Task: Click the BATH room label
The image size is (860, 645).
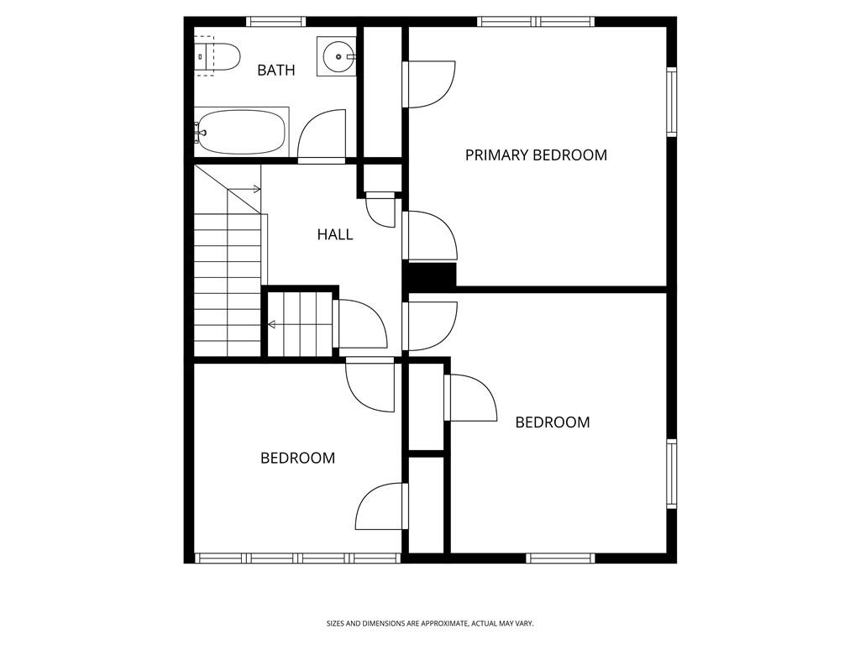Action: pyautogui.click(x=275, y=71)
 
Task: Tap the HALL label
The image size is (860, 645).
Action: pyautogui.click(x=334, y=235)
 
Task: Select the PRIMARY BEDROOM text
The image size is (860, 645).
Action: pyautogui.click(x=536, y=155)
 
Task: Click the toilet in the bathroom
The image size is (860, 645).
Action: pyautogui.click(x=218, y=56)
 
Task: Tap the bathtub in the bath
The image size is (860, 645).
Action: pyautogui.click(x=242, y=132)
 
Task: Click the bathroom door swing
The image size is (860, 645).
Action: pyautogui.click(x=322, y=135)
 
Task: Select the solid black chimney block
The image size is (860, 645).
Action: pyautogui.click(x=429, y=275)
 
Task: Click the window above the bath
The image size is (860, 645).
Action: pyautogui.click(x=275, y=21)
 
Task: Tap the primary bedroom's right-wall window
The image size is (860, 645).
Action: pyautogui.click(x=671, y=102)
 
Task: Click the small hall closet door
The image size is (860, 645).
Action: pyautogui.click(x=380, y=209)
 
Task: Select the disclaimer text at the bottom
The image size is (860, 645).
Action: pyautogui.click(x=430, y=624)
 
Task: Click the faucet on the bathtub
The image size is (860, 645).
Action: pyautogui.click(x=200, y=132)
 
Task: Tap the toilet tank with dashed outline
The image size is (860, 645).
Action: pyautogui.click(x=205, y=56)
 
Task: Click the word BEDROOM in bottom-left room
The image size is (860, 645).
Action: pyautogui.click(x=298, y=458)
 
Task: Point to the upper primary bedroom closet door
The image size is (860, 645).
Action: pyautogui.click(x=429, y=85)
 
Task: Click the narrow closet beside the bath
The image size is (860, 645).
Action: pyautogui.click(x=383, y=92)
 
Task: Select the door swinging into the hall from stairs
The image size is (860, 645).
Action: pyautogui.click(x=359, y=323)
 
